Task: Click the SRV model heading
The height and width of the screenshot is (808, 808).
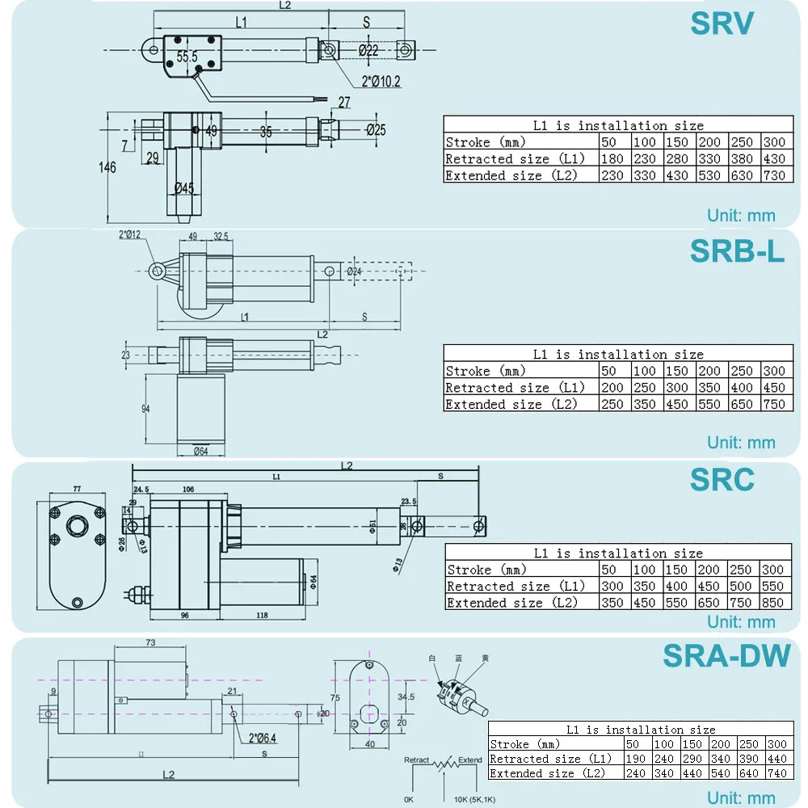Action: point(722,24)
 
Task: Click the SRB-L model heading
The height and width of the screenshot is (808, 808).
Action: point(737,251)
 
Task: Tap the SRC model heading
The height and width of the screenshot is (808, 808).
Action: point(722,480)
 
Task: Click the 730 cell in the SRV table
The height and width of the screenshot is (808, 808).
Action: point(774,175)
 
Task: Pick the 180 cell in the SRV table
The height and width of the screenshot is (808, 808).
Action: point(612,159)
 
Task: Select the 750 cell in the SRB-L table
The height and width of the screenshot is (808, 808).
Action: point(774,404)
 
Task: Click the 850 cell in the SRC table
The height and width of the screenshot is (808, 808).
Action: point(774,603)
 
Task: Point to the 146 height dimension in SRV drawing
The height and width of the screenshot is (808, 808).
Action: point(107,167)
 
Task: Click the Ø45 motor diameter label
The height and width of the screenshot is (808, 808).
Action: point(184,188)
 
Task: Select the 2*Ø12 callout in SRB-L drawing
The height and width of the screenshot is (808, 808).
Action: point(130,234)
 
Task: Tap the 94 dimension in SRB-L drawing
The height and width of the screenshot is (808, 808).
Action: point(145,409)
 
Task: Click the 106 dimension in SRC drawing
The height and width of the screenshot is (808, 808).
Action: point(188,490)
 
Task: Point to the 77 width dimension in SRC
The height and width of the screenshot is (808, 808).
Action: point(77,490)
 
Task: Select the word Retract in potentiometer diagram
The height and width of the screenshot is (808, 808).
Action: point(418,760)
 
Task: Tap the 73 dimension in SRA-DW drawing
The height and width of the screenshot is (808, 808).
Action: point(150,643)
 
